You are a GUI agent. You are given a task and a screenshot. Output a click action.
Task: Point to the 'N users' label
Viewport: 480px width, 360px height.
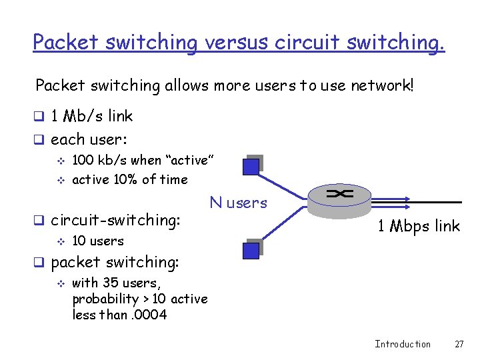click(238, 203)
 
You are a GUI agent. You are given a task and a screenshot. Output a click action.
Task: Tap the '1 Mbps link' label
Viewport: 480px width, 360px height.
click(419, 226)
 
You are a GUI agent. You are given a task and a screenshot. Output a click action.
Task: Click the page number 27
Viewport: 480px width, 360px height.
click(459, 344)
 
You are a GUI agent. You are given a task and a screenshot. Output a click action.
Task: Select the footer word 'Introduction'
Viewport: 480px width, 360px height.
click(403, 344)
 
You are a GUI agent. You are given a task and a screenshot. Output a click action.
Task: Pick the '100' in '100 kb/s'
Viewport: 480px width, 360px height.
click(82, 161)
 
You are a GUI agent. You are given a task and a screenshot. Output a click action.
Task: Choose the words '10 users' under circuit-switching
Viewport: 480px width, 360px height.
click(97, 241)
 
